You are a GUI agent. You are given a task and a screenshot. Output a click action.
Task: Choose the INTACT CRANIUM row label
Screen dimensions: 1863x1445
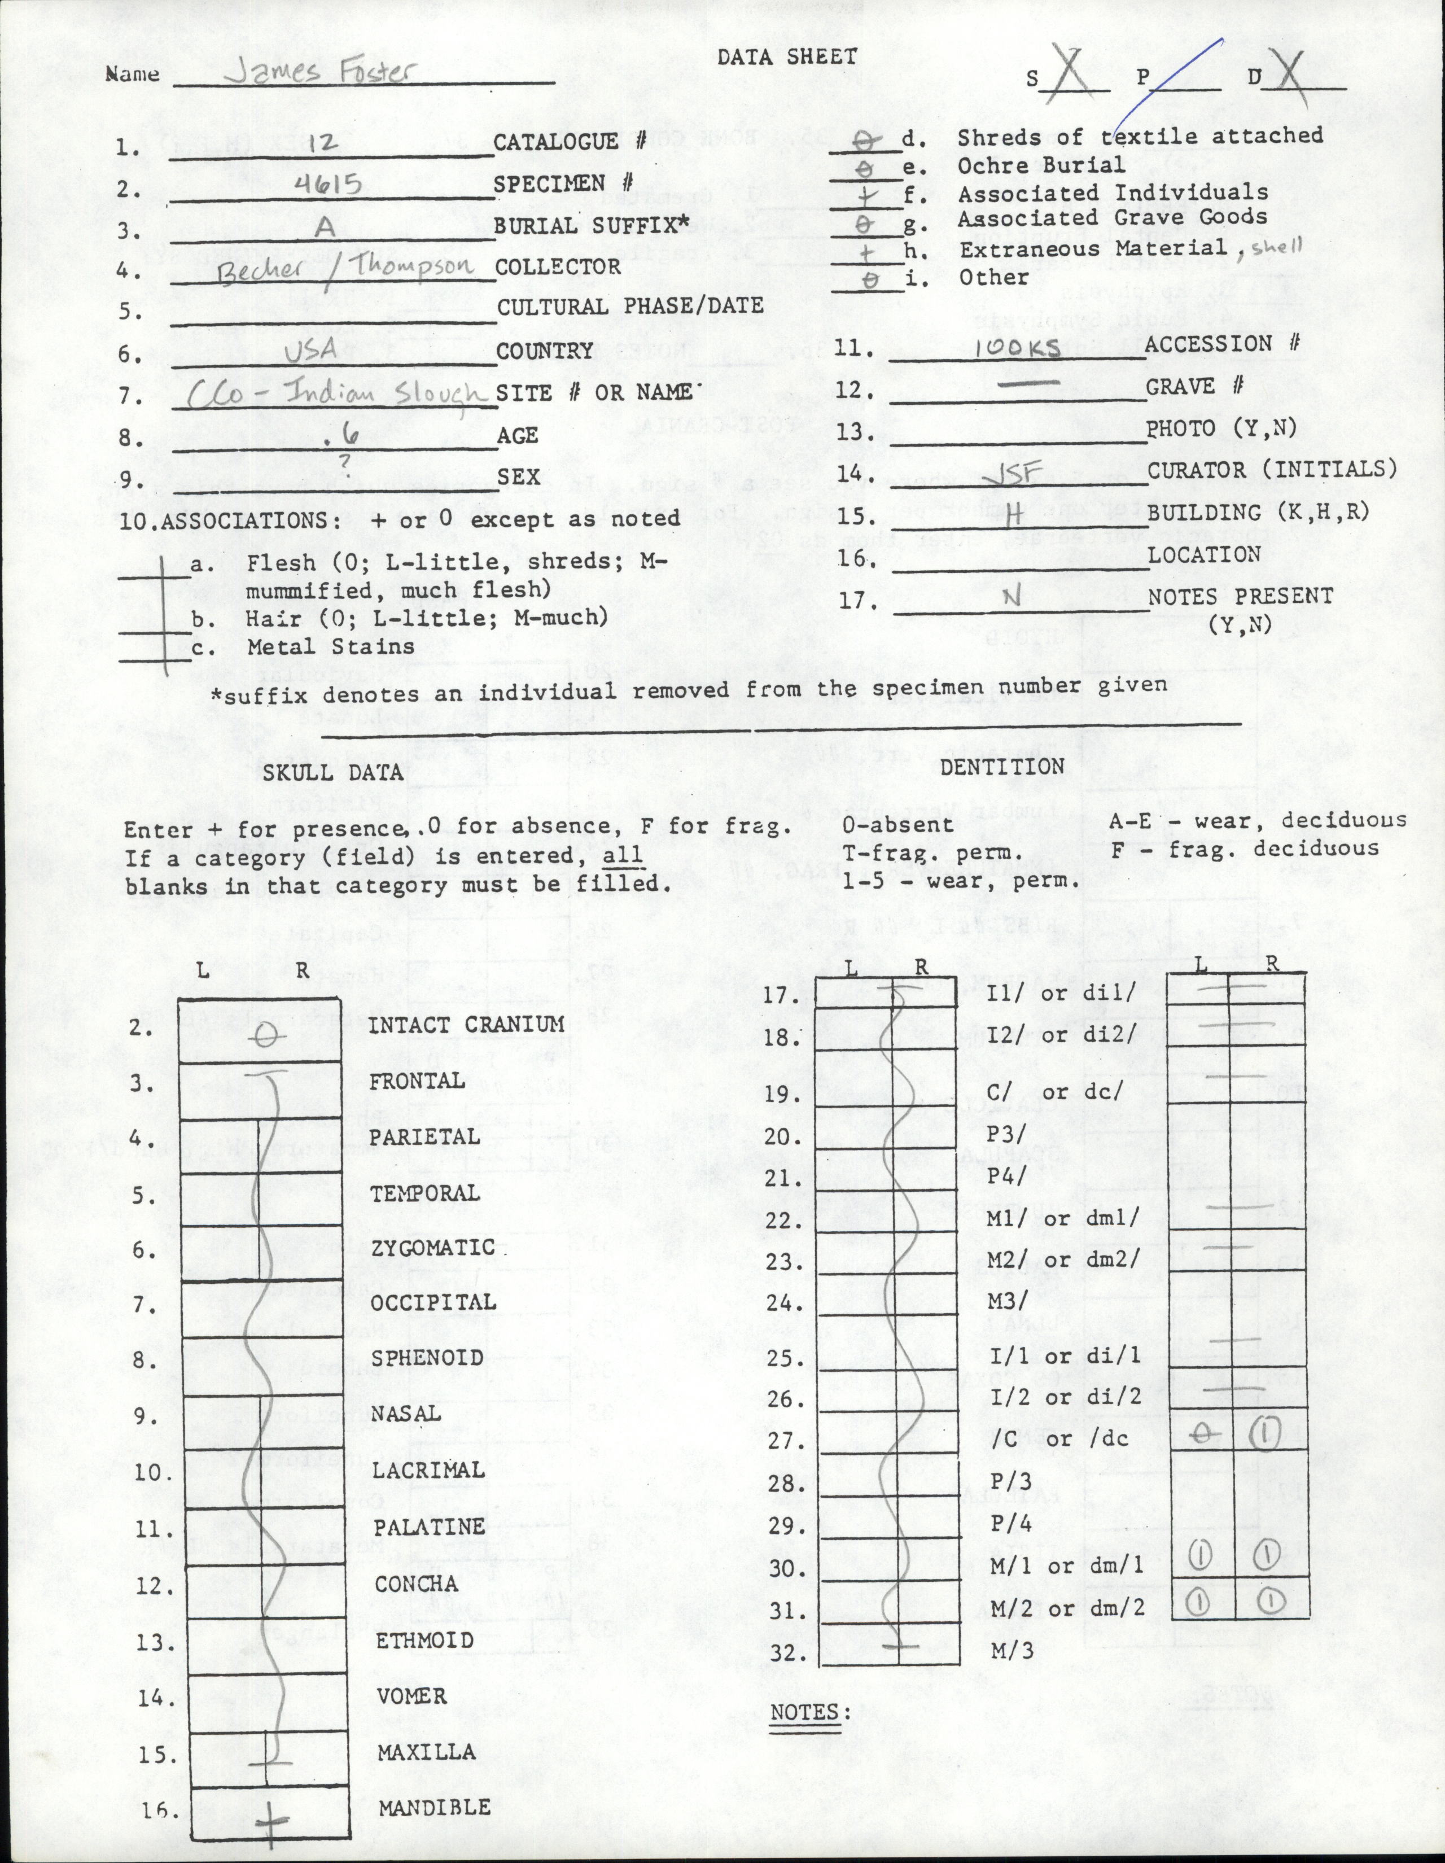(467, 1025)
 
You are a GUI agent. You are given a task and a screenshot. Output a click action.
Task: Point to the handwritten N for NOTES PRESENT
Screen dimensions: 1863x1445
(1011, 597)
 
